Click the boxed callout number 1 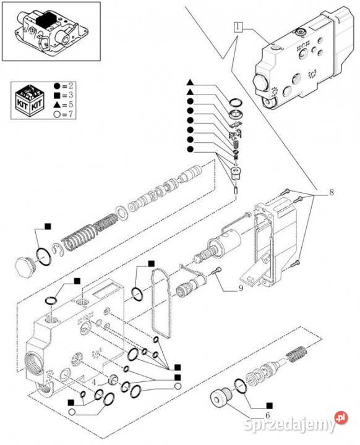point(238,27)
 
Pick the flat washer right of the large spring point(122,213)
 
